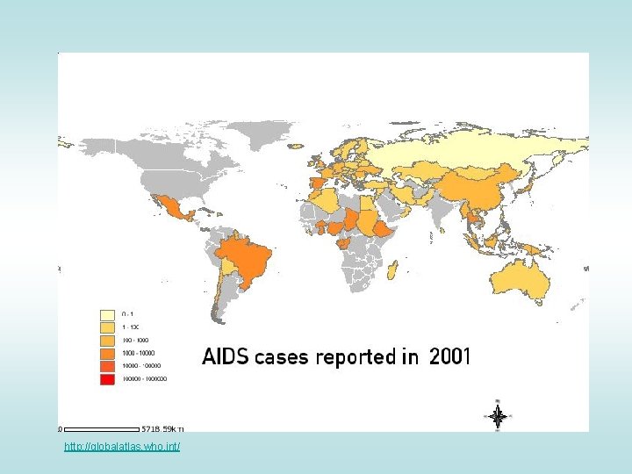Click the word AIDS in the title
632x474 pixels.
pyautogui.click(x=226, y=357)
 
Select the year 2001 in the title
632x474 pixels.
pyautogui.click(x=450, y=357)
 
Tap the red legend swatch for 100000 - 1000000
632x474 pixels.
pyautogui.click(x=108, y=379)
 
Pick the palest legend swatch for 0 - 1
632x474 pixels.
pyautogui.click(x=108, y=313)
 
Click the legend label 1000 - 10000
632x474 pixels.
pyautogui.click(x=137, y=353)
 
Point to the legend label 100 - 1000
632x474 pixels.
pyautogui.click(x=135, y=340)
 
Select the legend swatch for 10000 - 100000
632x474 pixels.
pyautogui.click(x=108, y=366)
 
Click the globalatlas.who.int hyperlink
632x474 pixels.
pyautogui.click(x=122, y=448)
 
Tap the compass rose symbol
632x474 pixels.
pyautogui.click(x=498, y=416)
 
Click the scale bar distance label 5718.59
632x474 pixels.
pyautogui.click(x=162, y=429)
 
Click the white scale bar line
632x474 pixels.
pyautogui.click(x=101, y=429)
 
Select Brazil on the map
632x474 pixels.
pyautogui.click(x=250, y=259)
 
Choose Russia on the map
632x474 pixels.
pyautogui.click(x=465, y=154)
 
